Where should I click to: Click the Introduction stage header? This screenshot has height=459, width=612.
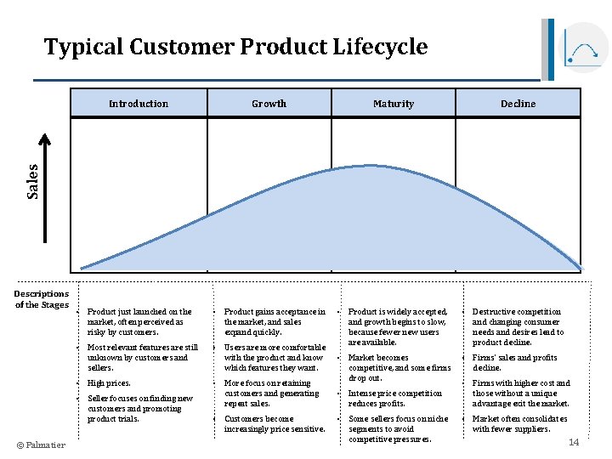pyautogui.click(x=139, y=104)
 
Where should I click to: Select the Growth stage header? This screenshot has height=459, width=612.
pyautogui.click(x=269, y=104)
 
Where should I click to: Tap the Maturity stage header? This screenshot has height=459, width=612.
pyautogui.click(x=394, y=104)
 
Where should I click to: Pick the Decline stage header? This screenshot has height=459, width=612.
pyautogui.click(x=518, y=104)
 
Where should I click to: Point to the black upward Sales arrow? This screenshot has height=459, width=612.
pyautogui.click(x=47, y=204)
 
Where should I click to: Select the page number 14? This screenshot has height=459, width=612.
pyautogui.click(x=574, y=442)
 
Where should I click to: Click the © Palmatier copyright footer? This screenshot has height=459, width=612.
pyautogui.click(x=41, y=445)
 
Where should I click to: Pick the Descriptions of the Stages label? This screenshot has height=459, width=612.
pyautogui.click(x=41, y=299)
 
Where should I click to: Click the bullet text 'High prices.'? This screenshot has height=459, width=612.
pyautogui.click(x=109, y=383)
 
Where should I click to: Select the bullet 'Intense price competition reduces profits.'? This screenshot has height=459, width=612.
pyautogui.click(x=394, y=399)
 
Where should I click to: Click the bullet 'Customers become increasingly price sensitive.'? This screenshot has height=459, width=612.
pyautogui.click(x=275, y=424)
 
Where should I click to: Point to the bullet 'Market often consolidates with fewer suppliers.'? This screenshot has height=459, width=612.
pyautogui.click(x=520, y=424)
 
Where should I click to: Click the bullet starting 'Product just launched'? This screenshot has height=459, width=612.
pyautogui.click(x=139, y=322)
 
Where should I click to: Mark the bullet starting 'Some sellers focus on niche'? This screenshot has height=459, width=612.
pyautogui.click(x=398, y=429)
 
